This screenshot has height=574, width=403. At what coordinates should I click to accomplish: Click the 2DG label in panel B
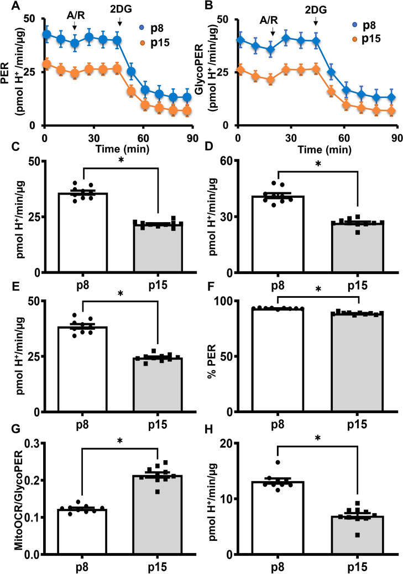coord(315,9)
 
